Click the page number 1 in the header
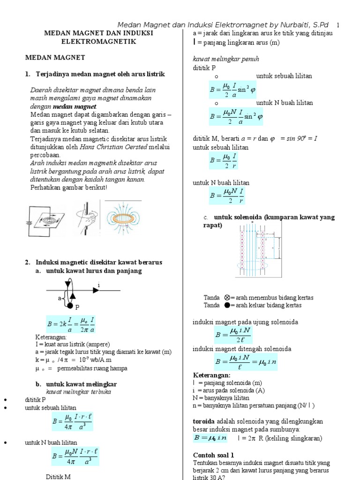338,25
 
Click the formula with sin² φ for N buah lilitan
236,116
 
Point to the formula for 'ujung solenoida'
236,335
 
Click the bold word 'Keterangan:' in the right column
212,375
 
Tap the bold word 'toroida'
204,421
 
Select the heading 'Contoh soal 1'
213,455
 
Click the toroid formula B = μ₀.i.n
210,438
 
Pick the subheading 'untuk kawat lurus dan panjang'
94,271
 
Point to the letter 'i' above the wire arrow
99,285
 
